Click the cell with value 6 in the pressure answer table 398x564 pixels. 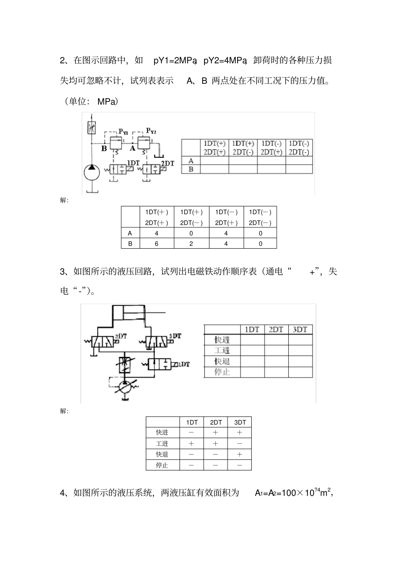(157, 244)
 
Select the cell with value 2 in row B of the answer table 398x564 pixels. (191, 244)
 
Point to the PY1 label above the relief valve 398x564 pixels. (123, 132)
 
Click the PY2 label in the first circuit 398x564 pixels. (151, 131)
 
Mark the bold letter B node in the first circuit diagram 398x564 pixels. (104, 148)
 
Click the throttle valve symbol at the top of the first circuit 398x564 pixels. (91, 127)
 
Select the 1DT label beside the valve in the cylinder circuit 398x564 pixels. (183, 364)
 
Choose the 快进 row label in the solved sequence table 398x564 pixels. (162, 432)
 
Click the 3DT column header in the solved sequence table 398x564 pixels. (240, 422)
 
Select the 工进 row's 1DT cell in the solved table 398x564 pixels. (191, 443)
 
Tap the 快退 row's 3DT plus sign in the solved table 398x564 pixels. (240, 454)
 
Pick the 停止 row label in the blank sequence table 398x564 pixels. (222, 372)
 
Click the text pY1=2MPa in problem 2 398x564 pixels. (175, 61)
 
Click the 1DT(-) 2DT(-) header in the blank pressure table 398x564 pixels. (299, 148)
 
